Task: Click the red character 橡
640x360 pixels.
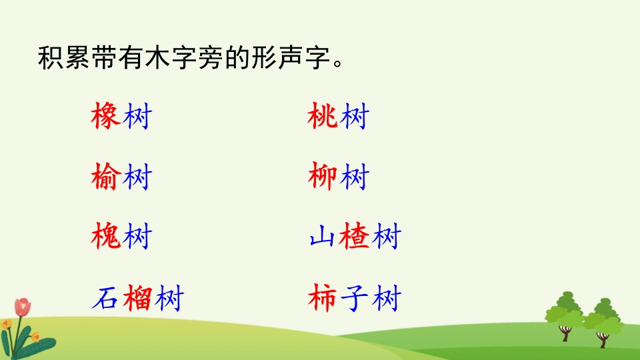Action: click(x=106, y=116)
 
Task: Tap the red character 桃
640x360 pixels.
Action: click(x=323, y=116)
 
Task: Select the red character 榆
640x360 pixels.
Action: click(x=106, y=176)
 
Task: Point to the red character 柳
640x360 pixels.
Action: click(x=323, y=176)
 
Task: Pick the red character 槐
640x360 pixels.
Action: click(x=106, y=236)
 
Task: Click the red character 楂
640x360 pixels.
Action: click(x=354, y=236)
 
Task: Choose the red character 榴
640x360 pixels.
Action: click(x=137, y=298)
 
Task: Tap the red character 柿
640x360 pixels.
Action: click(x=323, y=298)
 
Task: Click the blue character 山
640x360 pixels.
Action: click(x=323, y=237)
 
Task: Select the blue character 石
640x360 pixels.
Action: click(x=105, y=299)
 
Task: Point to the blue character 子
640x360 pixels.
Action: click(x=354, y=298)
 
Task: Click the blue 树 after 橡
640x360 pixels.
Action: click(x=137, y=116)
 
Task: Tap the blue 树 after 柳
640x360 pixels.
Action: click(x=354, y=176)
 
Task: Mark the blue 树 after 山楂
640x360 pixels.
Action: click(x=386, y=236)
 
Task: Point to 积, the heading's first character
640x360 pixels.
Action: click(x=51, y=57)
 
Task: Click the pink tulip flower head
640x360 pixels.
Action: click(x=23, y=307)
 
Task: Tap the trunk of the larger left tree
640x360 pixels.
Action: click(x=565, y=333)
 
